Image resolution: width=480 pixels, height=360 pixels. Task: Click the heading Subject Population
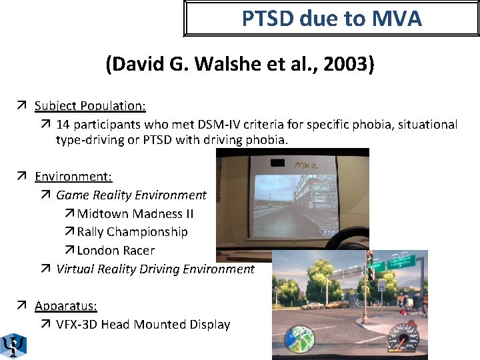[90, 105]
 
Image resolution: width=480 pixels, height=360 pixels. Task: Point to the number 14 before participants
[63, 124]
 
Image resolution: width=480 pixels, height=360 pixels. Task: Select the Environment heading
[73, 177]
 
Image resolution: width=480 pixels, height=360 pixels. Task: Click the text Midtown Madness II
[130, 214]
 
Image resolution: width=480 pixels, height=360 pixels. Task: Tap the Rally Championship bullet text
[132, 232]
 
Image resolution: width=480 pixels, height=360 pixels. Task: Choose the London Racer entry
[115, 251]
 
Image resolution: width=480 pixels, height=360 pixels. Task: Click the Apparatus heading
[66, 306]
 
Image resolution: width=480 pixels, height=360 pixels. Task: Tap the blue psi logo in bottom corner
[12, 345]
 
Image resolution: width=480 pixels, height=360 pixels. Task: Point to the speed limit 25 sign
[381, 285]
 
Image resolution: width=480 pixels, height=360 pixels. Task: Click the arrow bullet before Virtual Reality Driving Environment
[45, 269]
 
